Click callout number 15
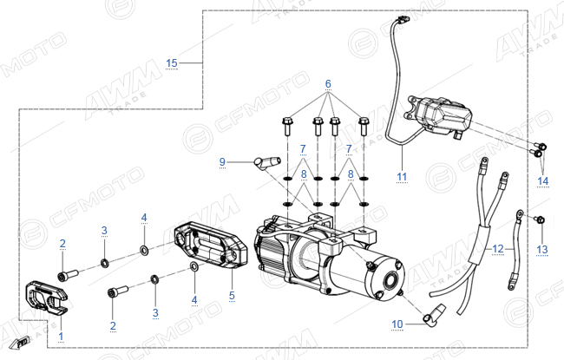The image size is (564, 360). pyautogui.click(x=172, y=63)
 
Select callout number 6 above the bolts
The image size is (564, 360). pyautogui.click(x=328, y=84)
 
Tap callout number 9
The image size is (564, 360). pyautogui.click(x=222, y=162)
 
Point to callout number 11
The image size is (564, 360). pyautogui.click(x=402, y=177)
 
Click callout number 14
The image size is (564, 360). pyautogui.click(x=543, y=181)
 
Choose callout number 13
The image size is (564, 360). pyautogui.click(x=542, y=249)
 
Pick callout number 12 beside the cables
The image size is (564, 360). pyautogui.click(x=498, y=249)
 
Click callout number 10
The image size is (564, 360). pyautogui.click(x=397, y=324)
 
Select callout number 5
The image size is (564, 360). pyautogui.click(x=232, y=296)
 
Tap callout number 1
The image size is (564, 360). pyautogui.click(x=61, y=337)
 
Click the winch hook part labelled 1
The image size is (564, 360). pyautogui.click(x=45, y=297)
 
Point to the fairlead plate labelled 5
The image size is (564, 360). pyautogui.click(x=212, y=245)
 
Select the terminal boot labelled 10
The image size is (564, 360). pyautogui.click(x=435, y=313)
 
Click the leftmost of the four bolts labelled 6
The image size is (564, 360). pyautogui.click(x=287, y=127)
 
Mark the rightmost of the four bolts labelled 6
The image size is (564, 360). pyautogui.click(x=364, y=127)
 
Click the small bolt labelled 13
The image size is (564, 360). pyautogui.click(x=539, y=219)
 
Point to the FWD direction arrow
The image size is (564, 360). pyautogui.click(x=19, y=342)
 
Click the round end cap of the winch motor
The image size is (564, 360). pyautogui.click(x=390, y=281)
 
